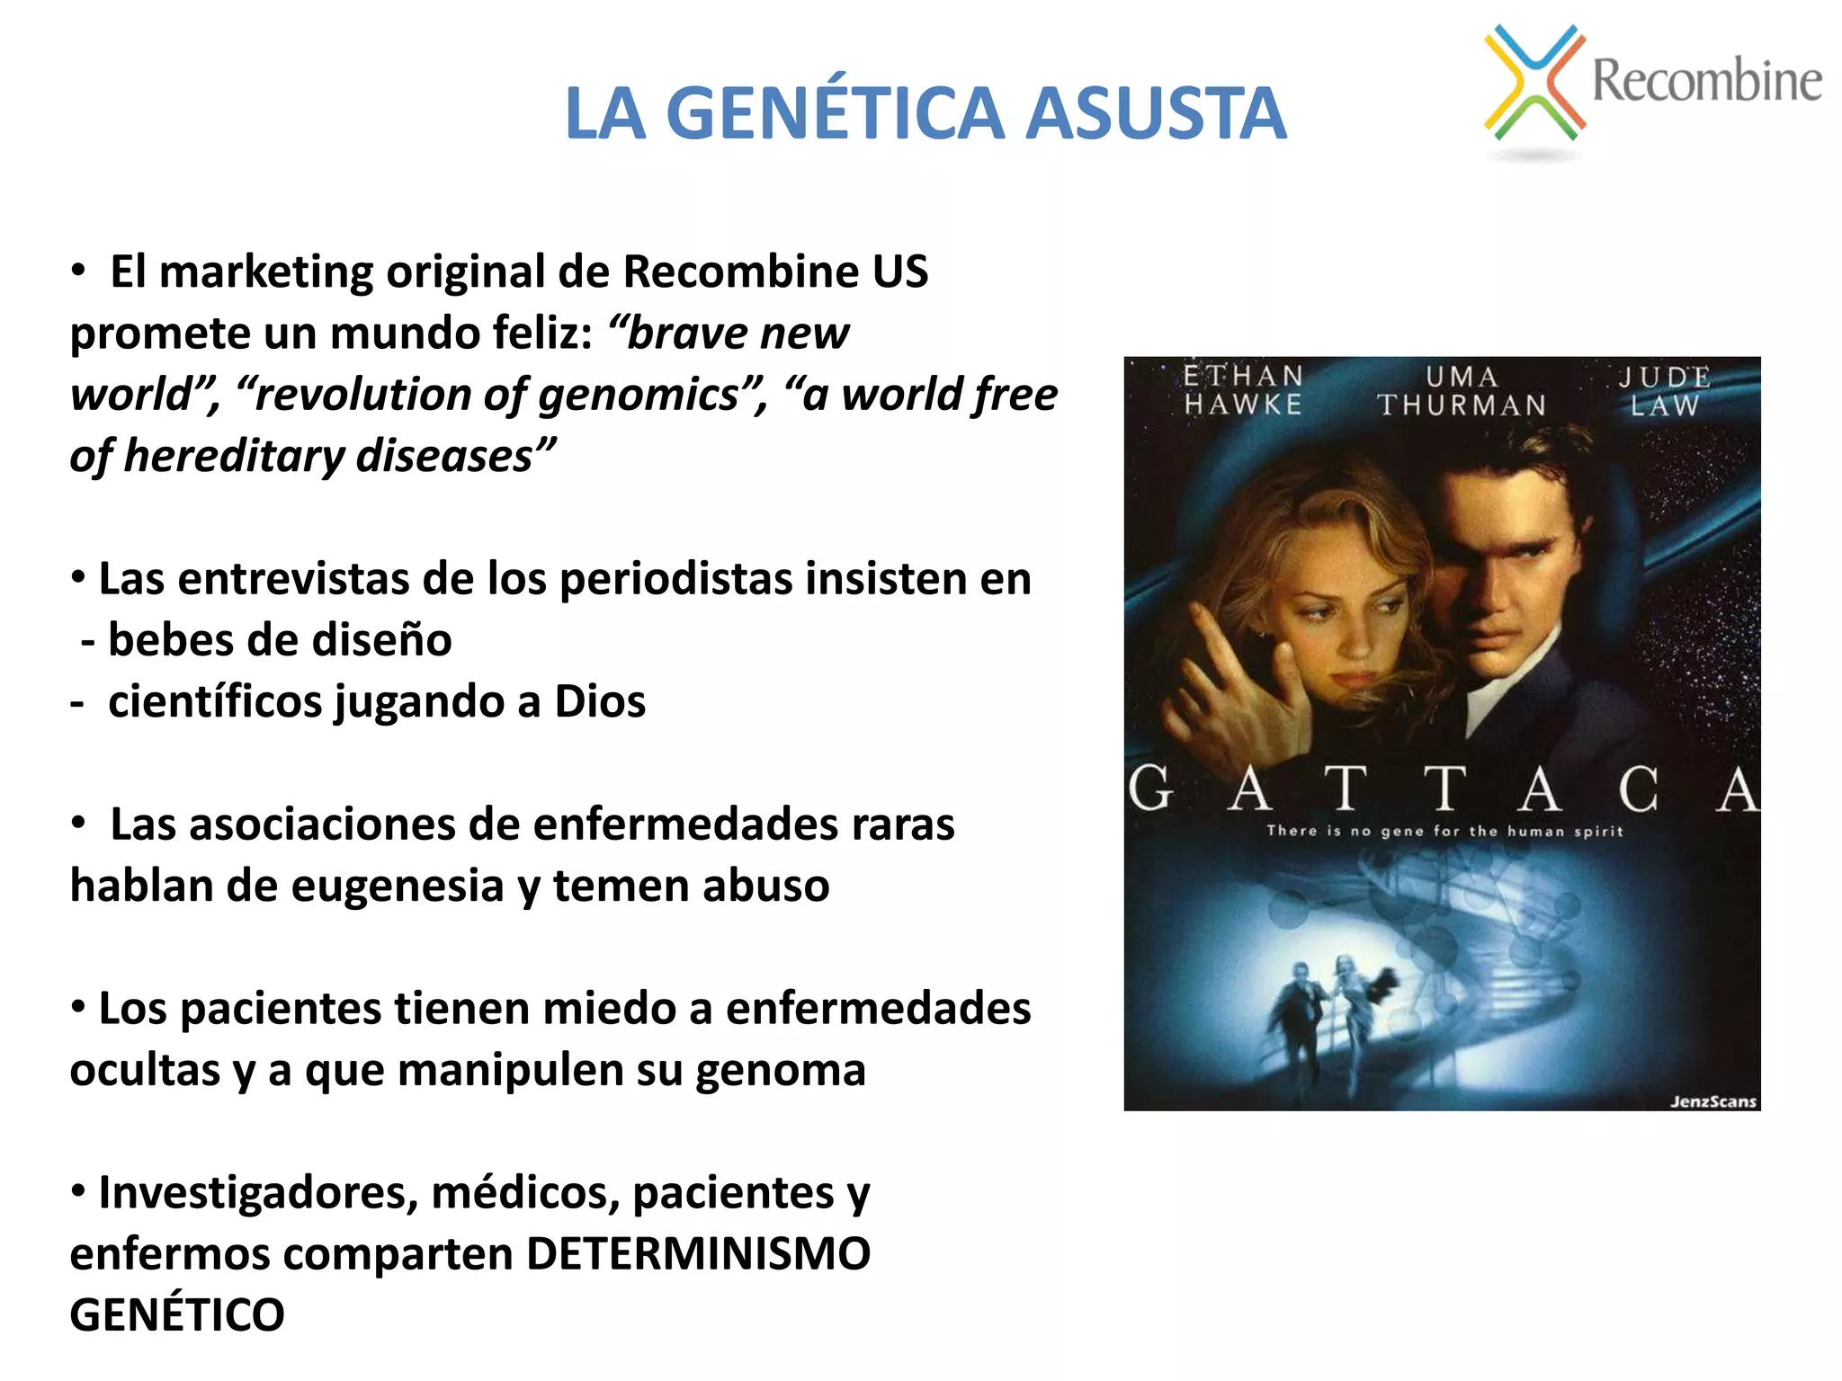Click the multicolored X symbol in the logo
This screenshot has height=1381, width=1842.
pos(1534,83)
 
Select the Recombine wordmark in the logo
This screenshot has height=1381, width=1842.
pos(1706,80)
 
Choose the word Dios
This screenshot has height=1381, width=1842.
pos(600,702)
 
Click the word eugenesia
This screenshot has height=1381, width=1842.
pos(397,887)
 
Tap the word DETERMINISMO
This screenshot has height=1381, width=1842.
pos(698,1254)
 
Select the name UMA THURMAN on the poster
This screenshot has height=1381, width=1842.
pos(1462,391)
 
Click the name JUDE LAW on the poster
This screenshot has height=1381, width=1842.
pos(1664,391)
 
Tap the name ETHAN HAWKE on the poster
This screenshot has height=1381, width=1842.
pos(1243,390)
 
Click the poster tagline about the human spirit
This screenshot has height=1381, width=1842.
pos(1444,832)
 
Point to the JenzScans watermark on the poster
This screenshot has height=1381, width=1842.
pos(1712,1101)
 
